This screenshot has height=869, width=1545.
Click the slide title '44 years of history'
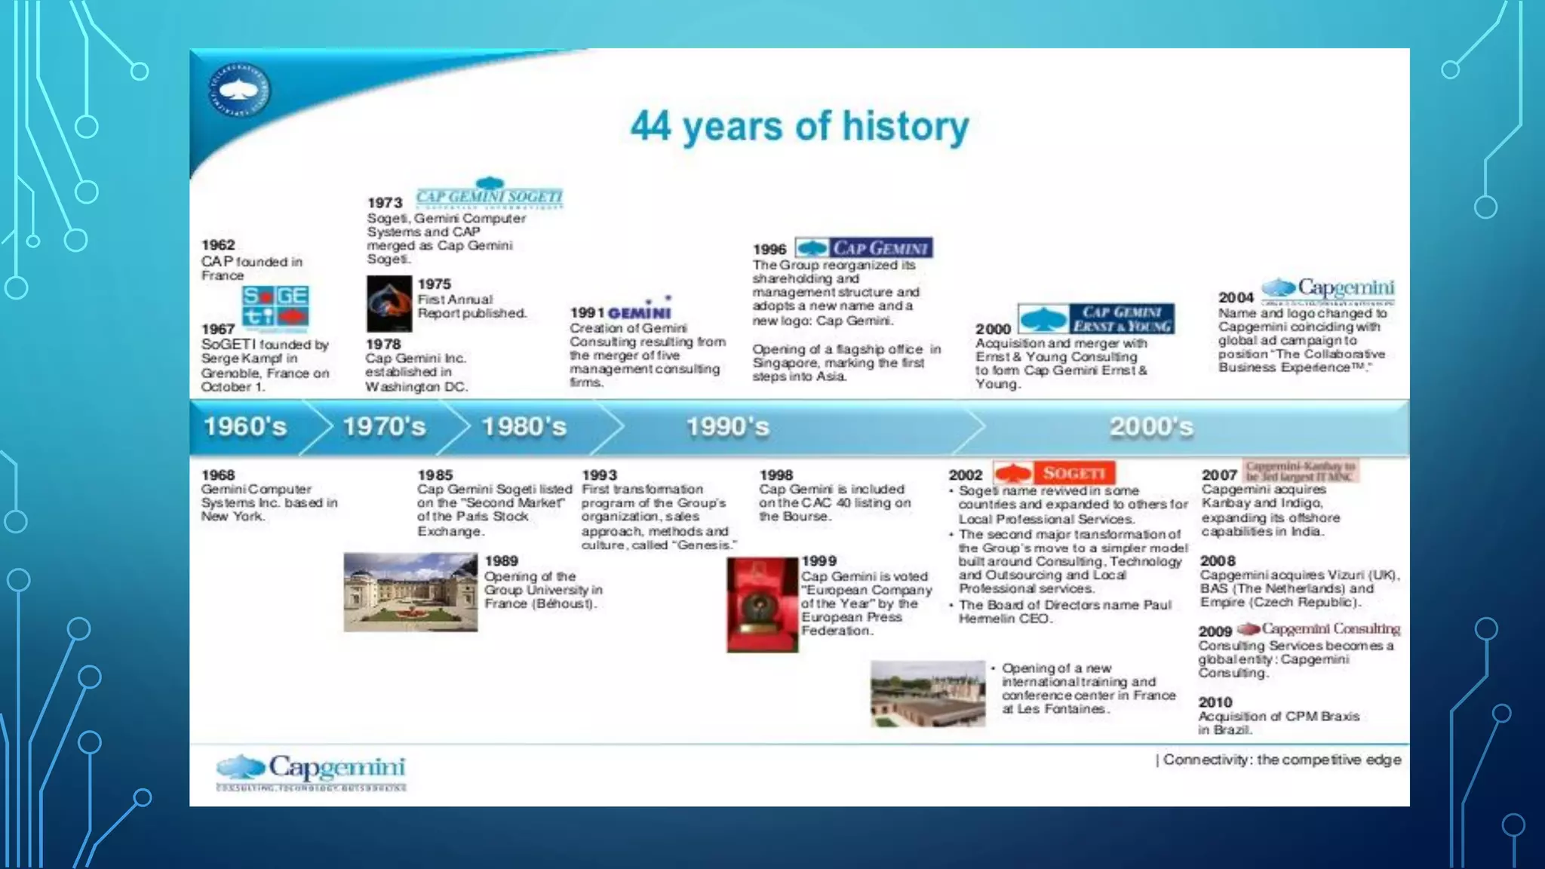pos(800,127)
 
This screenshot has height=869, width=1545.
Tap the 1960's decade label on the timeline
pos(245,427)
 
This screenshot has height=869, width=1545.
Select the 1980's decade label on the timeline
pos(524,427)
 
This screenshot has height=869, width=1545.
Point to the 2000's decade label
pos(1151,427)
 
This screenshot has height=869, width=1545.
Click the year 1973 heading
pos(385,203)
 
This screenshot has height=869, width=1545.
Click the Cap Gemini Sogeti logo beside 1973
pos(490,194)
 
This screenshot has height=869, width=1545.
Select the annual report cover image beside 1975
pos(389,303)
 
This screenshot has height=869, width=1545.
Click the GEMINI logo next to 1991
pos(640,311)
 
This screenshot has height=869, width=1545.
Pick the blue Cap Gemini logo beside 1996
pos(864,248)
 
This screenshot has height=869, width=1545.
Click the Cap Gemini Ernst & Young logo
pos(1095,319)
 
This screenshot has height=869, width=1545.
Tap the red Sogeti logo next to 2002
pos(1054,473)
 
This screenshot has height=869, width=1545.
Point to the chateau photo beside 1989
pos(410,592)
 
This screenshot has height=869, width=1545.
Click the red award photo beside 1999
pos(762,605)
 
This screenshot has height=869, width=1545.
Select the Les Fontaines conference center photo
pos(928,694)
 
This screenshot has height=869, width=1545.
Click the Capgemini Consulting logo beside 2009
pos(1319,629)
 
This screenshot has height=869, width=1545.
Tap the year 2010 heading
pos(1215,702)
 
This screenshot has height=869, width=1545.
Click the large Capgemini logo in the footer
pos(311,771)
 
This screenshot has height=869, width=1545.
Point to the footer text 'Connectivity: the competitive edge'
pos(1281,760)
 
